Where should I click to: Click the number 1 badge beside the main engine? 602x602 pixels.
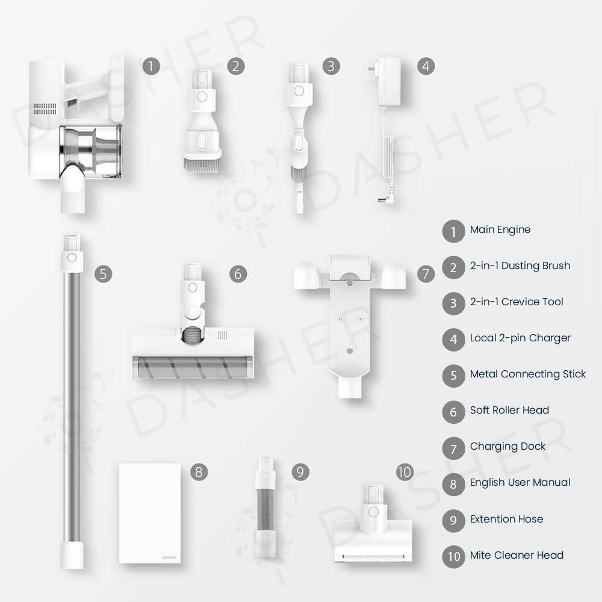click(x=151, y=66)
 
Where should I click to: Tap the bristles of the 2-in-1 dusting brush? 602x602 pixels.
click(x=202, y=165)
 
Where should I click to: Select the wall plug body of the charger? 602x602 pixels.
click(x=389, y=81)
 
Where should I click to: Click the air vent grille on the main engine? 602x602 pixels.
click(x=45, y=108)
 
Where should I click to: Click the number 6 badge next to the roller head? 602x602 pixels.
click(x=238, y=274)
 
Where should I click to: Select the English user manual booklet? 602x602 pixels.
click(x=150, y=514)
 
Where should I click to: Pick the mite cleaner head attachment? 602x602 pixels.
click(x=373, y=525)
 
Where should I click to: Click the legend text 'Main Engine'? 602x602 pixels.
click(x=500, y=229)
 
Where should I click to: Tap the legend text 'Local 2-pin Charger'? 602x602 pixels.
click(x=520, y=338)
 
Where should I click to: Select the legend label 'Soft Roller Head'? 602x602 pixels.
click(x=509, y=410)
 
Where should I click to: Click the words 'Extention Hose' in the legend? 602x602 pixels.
click(x=506, y=519)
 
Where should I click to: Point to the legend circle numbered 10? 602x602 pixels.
click(x=453, y=556)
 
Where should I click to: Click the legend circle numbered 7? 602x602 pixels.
click(x=453, y=448)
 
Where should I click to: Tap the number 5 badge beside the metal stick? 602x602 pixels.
click(x=104, y=274)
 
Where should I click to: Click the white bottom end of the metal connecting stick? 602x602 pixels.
click(x=72, y=556)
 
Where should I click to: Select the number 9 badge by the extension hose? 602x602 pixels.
click(x=300, y=472)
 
